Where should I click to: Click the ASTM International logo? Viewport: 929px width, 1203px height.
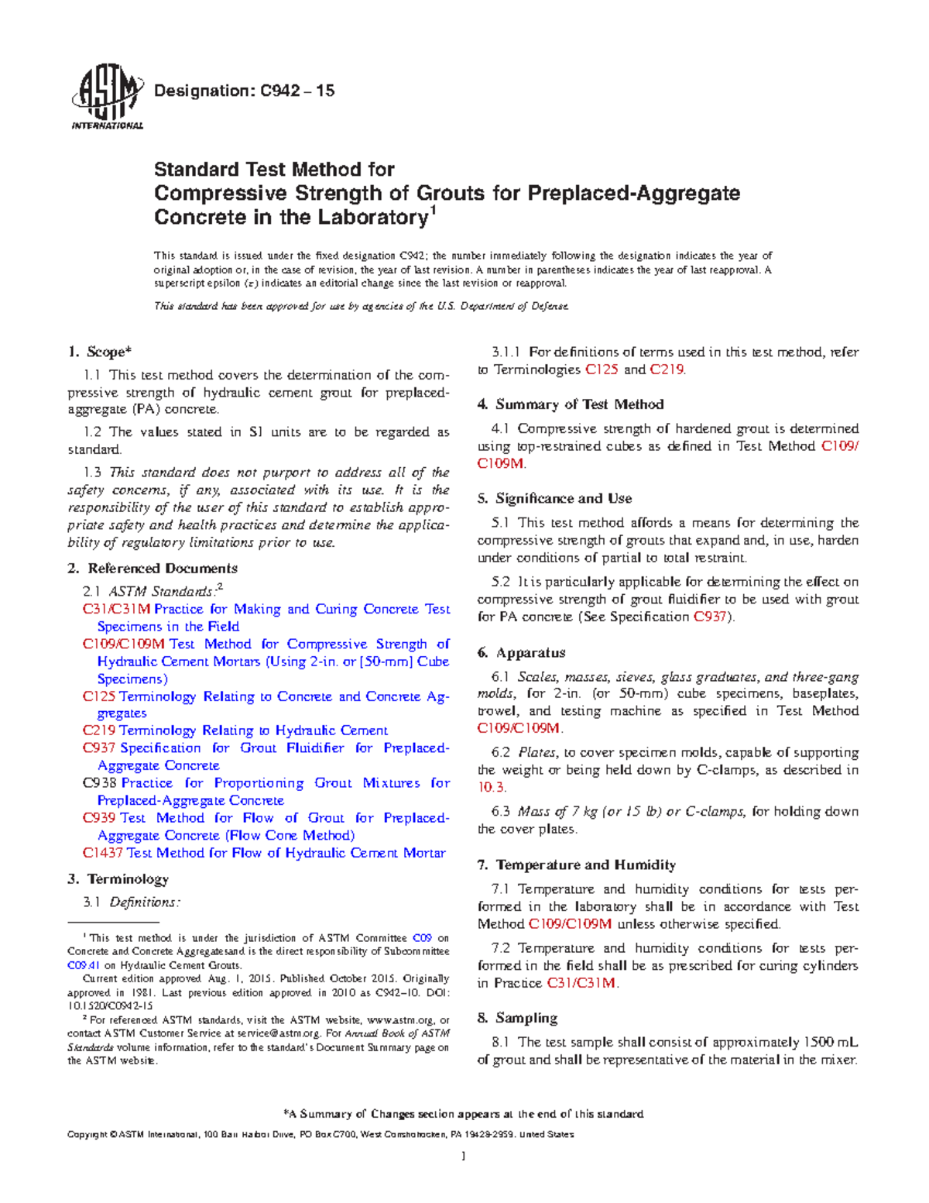click(x=107, y=97)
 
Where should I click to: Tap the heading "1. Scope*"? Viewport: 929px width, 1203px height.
click(x=98, y=352)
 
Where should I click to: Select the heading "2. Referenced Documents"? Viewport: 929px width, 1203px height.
click(x=153, y=569)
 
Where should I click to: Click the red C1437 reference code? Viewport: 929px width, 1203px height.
click(x=102, y=853)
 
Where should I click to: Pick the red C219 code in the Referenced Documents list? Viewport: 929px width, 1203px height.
click(x=98, y=730)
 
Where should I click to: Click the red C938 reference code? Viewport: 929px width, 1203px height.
click(x=99, y=783)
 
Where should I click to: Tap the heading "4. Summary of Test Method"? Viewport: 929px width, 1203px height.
click(x=571, y=404)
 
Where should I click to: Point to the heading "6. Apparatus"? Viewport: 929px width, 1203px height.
click(x=522, y=653)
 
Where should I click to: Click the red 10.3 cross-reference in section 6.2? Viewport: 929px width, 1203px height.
click(x=491, y=788)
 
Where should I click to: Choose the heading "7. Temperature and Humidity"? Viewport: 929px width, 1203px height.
click(x=577, y=865)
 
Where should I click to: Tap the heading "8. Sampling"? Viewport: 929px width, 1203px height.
click(x=518, y=1019)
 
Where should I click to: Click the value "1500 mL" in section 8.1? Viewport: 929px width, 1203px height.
click(x=831, y=1043)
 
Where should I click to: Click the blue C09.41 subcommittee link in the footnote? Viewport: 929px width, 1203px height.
click(x=84, y=966)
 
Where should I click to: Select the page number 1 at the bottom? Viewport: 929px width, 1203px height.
click(x=463, y=1157)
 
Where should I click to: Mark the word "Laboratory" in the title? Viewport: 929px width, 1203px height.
click(x=369, y=218)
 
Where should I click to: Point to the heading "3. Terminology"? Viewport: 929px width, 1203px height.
click(x=118, y=879)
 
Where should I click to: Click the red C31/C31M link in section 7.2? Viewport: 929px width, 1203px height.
click(x=581, y=984)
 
